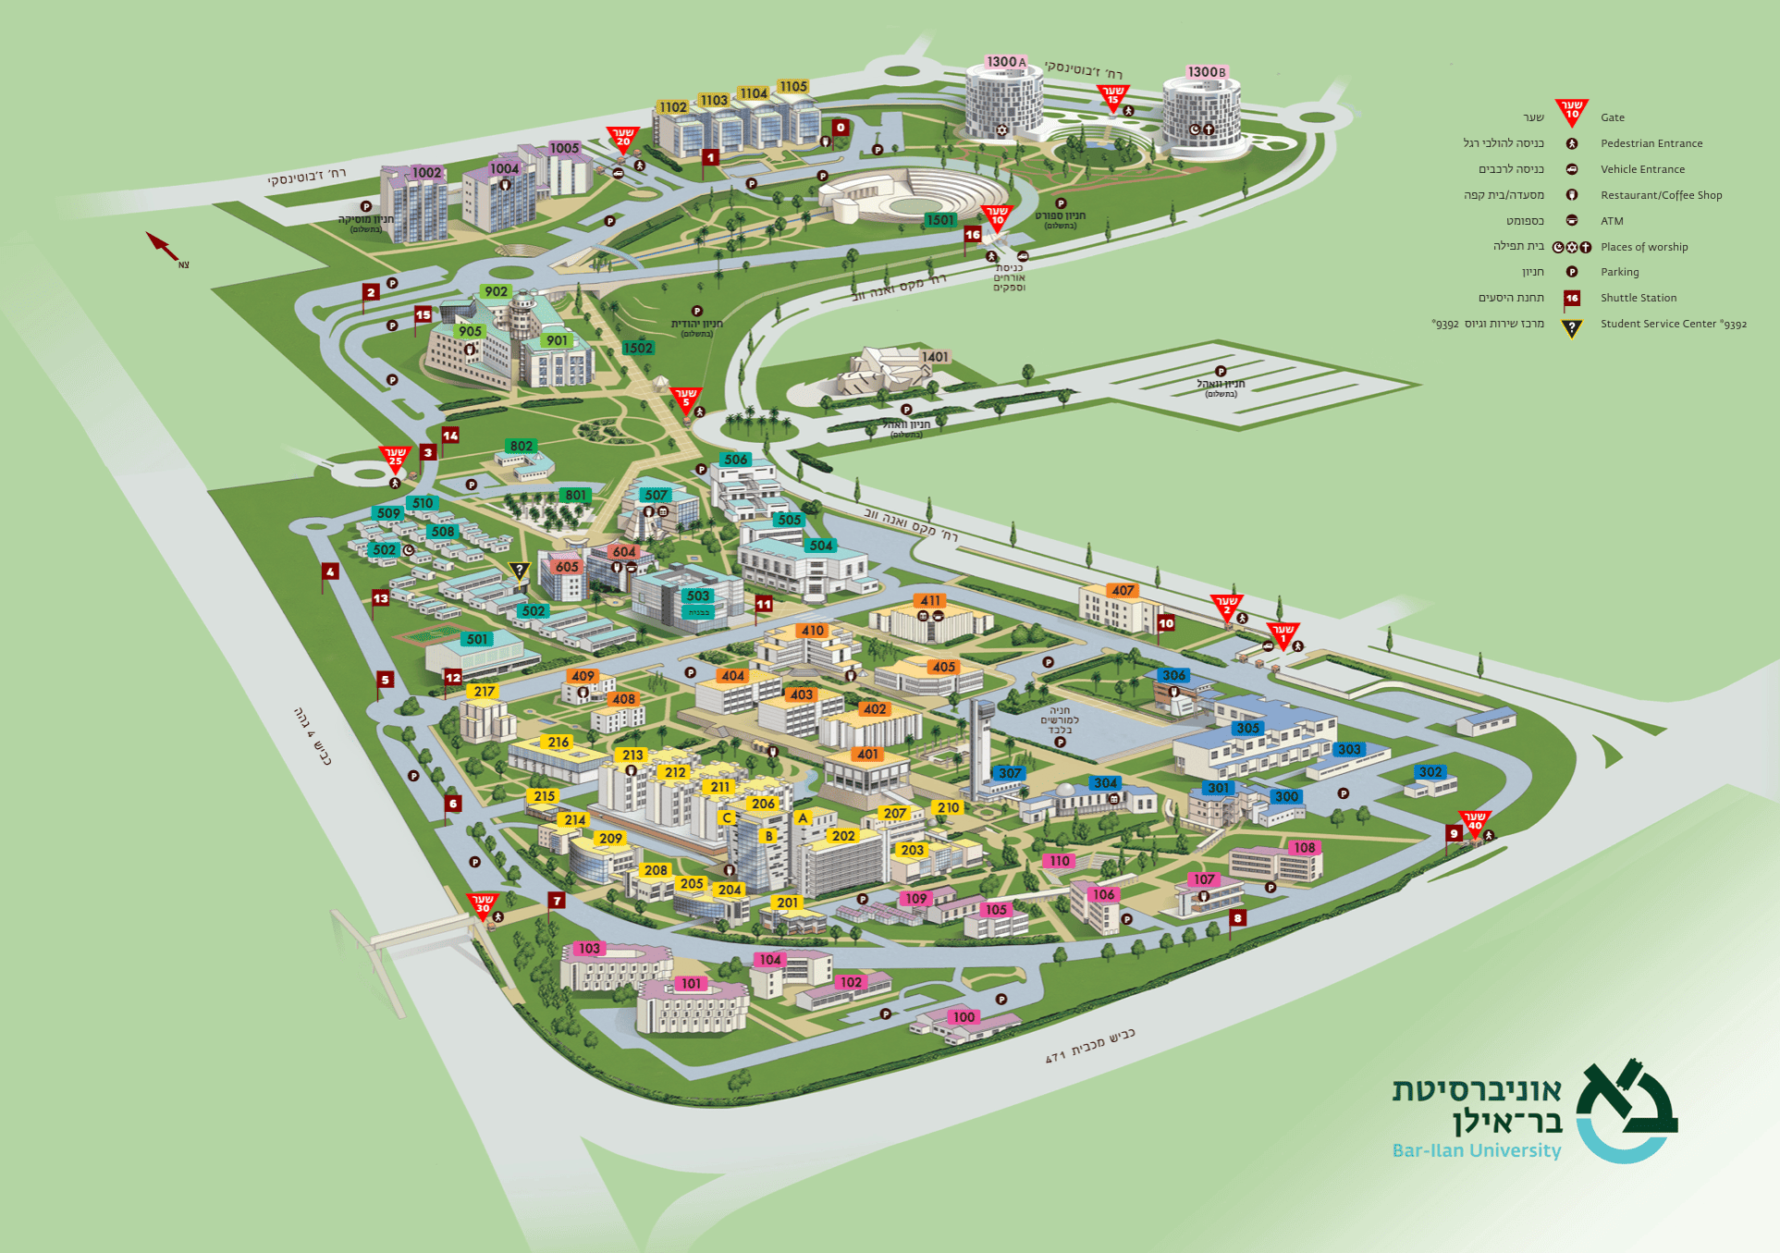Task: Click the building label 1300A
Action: [x=1006, y=62]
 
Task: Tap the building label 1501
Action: [x=939, y=220]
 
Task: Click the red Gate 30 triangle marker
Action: [x=483, y=903]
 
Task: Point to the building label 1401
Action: [x=935, y=357]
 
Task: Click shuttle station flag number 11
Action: [x=764, y=605]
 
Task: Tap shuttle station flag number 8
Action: [x=1237, y=918]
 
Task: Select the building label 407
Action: [x=1123, y=590]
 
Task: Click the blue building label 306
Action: [x=1173, y=675]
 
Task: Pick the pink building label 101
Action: [x=692, y=983]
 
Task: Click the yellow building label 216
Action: [x=559, y=742]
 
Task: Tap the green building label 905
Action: [x=470, y=331]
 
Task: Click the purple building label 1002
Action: [x=426, y=173]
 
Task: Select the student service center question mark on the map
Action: [x=520, y=571]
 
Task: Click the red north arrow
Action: [x=163, y=247]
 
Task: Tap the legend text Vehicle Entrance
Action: [x=1642, y=169]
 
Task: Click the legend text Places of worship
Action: [x=1643, y=247]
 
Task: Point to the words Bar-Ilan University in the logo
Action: [x=1476, y=1150]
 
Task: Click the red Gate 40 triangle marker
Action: [x=1474, y=821]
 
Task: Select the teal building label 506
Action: [x=736, y=460]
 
